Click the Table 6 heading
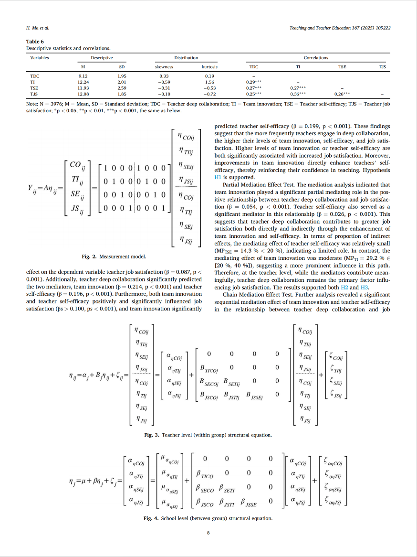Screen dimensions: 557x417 coord(35,42)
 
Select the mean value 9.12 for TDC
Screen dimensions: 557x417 coord(83,76)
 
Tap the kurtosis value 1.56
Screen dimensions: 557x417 coord(209,82)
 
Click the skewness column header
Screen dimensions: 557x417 coord(165,67)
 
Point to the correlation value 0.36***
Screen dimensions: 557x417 coord(298,94)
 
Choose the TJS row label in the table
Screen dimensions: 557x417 coord(35,94)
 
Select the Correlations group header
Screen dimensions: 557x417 coord(316,58)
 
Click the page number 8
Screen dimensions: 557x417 coord(208,533)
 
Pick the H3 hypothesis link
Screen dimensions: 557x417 coord(365,288)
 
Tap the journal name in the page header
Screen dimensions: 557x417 coord(340,28)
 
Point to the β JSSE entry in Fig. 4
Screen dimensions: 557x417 coord(250,502)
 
